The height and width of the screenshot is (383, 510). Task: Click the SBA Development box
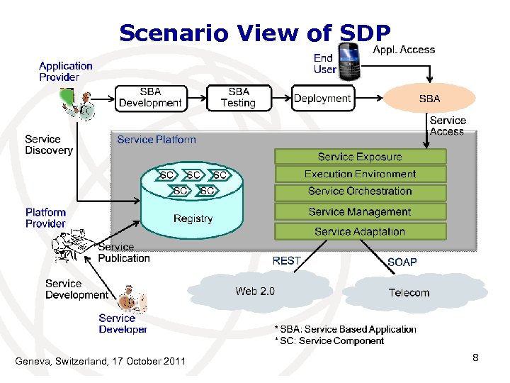(x=150, y=97)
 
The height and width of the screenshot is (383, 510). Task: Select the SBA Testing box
(x=238, y=97)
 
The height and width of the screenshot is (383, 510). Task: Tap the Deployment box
(x=322, y=99)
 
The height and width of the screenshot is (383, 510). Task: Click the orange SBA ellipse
(x=429, y=99)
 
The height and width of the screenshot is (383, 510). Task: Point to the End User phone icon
(x=349, y=61)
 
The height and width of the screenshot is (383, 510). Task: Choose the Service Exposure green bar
(x=360, y=157)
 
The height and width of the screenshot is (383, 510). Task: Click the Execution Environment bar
(x=360, y=174)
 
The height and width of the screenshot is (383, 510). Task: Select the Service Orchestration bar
(x=360, y=191)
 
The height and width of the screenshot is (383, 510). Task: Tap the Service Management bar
(x=360, y=211)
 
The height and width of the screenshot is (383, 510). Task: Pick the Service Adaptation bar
(x=360, y=231)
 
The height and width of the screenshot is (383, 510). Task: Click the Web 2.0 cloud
(x=255, y=291)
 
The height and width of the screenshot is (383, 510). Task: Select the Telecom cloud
(x=409, y=292)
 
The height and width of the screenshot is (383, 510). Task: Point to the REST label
(x=287, y=261)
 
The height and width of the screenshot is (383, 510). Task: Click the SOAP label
(x=402, y=262)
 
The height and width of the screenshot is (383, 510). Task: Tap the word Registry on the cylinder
(x=193, y=218)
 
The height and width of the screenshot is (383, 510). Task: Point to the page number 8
(x=475, y=358)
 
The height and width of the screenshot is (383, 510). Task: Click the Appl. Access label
(x=404, y=50)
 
